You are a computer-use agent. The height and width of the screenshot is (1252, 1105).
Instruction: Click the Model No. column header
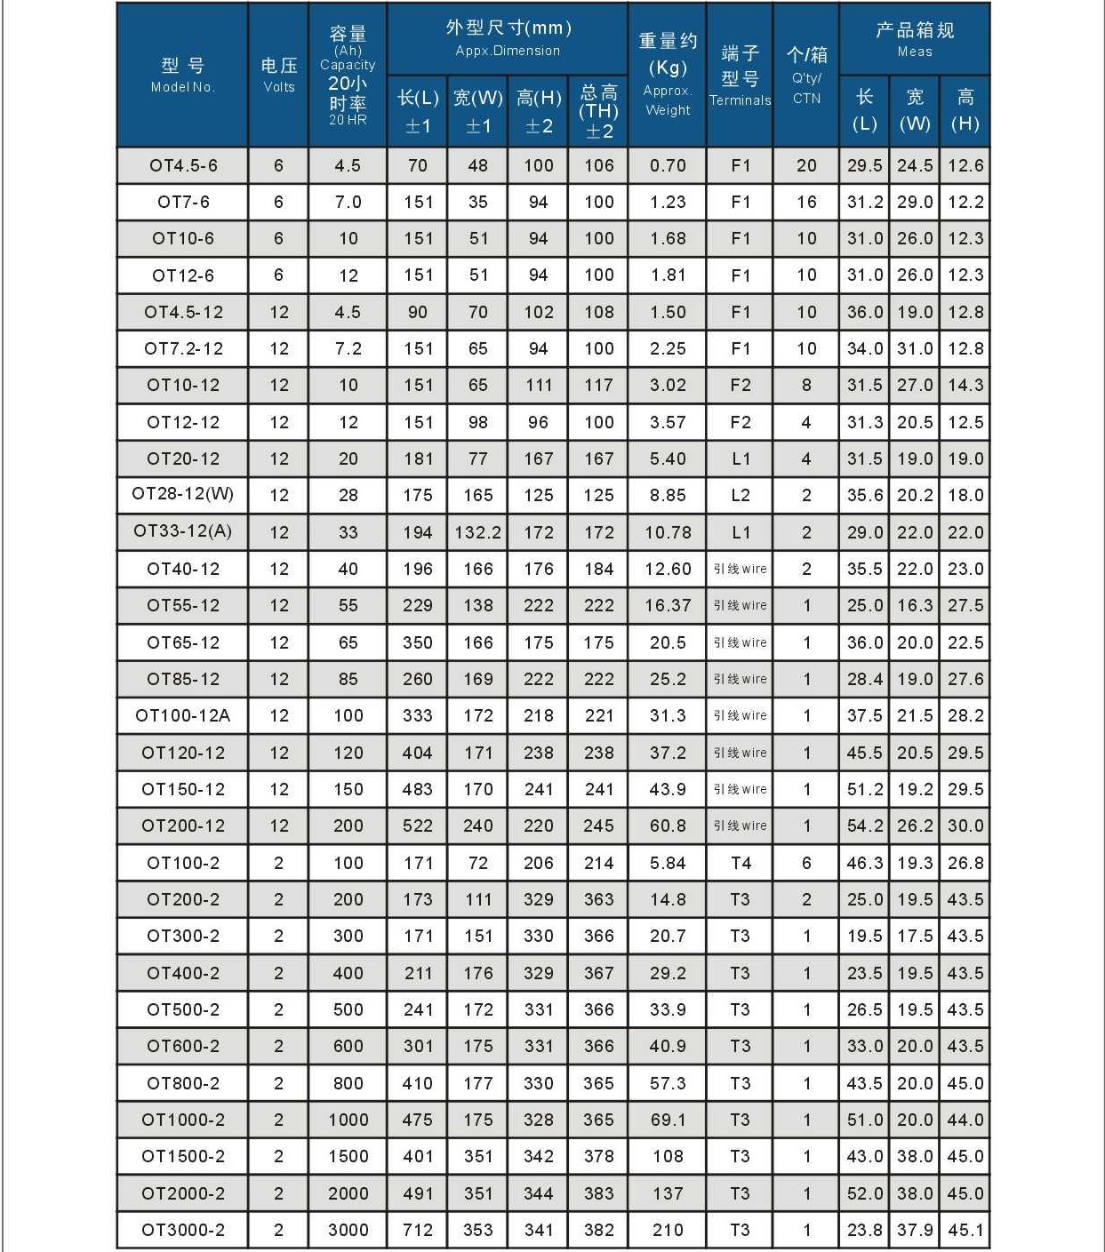click(x=182, y=75)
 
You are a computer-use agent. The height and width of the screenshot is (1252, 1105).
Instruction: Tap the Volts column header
click(x=278, y=75)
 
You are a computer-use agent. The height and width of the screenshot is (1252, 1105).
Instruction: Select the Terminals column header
click(x=740, y=76)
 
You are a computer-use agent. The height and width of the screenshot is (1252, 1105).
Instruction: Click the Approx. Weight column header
click(x=668, y=75)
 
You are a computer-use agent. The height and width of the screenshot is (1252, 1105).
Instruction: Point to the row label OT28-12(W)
click(x=182, y=495)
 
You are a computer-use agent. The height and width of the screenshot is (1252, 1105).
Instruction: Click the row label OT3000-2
click(x=183, y=1230)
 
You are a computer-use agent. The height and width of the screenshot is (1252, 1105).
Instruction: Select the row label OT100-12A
click(x=182, y=715)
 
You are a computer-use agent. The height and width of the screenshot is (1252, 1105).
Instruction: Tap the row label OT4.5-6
click(x=183, y=165)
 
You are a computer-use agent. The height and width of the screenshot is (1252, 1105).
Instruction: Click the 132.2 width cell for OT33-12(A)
click(x=478, y=532)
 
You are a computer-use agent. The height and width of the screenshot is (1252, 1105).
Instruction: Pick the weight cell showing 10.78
click(x=668, y=532)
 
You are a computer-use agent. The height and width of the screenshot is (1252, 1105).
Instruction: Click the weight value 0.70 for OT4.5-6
click(x=668, y=165)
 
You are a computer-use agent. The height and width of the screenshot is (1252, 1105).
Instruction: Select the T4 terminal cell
click(x=741, y=863)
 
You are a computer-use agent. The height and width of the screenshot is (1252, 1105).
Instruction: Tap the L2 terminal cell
click(x=741, y=495)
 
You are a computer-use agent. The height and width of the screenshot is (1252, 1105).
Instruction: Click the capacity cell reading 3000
click(x=348, y=1230)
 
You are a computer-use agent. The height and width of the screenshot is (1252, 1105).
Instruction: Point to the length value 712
click(x=418, y=1230)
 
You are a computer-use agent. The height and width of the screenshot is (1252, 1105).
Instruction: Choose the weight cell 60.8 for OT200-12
click(x=668, y=825)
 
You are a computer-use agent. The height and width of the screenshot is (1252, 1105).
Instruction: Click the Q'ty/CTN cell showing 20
click(x=806, y=165)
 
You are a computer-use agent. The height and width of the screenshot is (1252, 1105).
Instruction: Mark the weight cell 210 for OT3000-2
click(x=668, y=1230)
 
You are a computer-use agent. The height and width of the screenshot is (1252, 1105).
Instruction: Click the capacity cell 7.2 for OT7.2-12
click(x=348, y=348)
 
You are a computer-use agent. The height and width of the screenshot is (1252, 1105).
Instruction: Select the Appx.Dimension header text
click(x=508, y=51)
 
